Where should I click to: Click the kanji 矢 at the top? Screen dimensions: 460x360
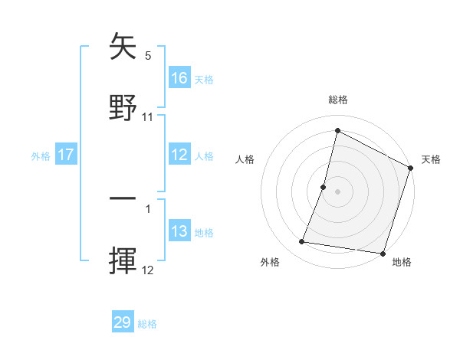pyautogui.click(x=123, y=47)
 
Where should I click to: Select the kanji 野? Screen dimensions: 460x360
pyautogui.click(x=123, y=107)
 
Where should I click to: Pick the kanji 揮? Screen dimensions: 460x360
pyautogui.click(x=123, y=260)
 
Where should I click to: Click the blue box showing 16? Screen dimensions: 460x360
pyautogui.click(x=179, y=78)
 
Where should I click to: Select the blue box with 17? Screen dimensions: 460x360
pyautogui.click(x=66, y=155)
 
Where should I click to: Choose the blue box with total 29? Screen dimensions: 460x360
pyautogui.click(x=123, y=322)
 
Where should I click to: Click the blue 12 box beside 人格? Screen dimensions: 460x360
pyautogui.click(x=179, y=155)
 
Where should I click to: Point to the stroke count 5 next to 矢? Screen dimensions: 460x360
pyautogui.click(x=148, y=56)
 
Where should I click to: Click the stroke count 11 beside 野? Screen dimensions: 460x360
pyautogui.click(x=148, y=117)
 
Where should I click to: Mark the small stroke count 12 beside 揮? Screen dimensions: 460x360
pyautogui.click(x=148, y=270)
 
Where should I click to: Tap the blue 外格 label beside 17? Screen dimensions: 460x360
pyautogui.click(x=41, y=156)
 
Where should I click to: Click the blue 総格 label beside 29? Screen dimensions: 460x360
pyautogui.click(x=147, y=324)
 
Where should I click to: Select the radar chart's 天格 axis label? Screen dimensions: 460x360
pyautogui.click(x=431, y=159)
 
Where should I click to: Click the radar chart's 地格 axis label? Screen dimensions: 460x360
pyautogui.click(x=402, y=262)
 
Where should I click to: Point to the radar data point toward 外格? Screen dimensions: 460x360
pyautogui.click(x=302, y=242)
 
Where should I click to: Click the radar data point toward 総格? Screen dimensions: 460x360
pyautogui.click(x=337, y=130)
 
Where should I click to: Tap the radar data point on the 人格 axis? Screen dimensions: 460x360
pyautogui.click(x=324, y=187)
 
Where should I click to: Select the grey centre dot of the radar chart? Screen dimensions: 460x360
pyautogui.click(x=337, y=191)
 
